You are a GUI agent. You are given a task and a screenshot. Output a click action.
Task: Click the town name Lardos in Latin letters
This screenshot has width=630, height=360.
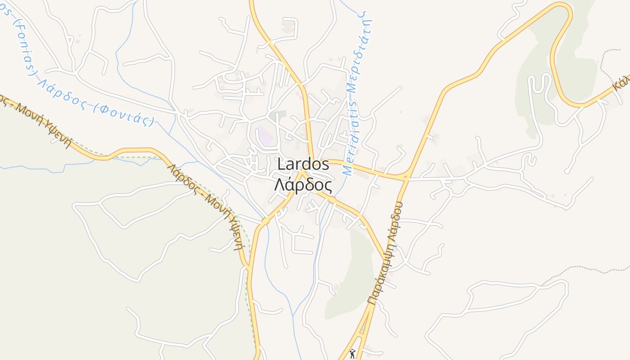pyautogui.click(x=303, y=164)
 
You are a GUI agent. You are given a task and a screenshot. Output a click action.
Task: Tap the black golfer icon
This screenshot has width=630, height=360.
pyautogui.click(x=352, y=354)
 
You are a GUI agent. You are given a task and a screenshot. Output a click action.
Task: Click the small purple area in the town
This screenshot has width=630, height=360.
pyautogui.click(x=264, y=135)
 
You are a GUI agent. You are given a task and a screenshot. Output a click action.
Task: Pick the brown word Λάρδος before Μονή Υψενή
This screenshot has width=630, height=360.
pyautogui.click(x=182, y=178)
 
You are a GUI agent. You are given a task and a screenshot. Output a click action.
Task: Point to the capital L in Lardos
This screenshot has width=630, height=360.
pyautogui.click(x=281, y=165)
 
